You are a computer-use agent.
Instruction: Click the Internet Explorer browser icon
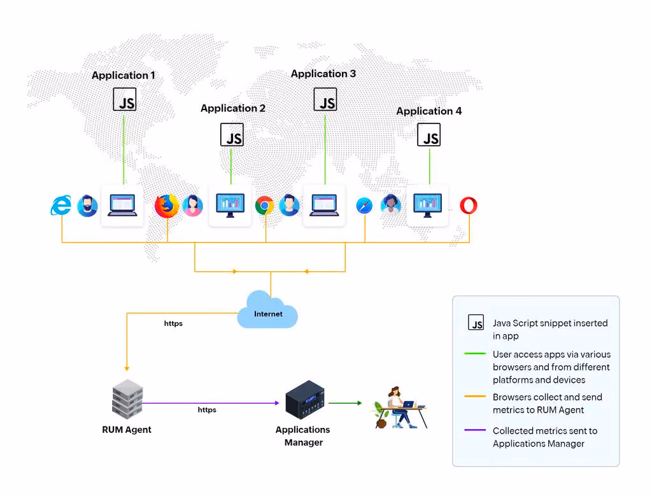pyautogui.click(x=61, y=205)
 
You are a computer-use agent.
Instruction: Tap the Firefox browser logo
pyautogui.click(x=167, y=206)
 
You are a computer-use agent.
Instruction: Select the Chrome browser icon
pyautogui.click(x=264, y=206)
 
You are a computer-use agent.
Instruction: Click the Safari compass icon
pyautogui.click(x=364, y=206)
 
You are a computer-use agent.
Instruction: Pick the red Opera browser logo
pyautogui.click(x=469, y=206)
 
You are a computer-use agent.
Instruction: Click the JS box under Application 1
pyautogui.click(x=125, y=99)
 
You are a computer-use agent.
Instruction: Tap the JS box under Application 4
pyautogui.click(x=429, y=135)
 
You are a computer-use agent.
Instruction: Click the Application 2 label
pyautogui.click(x=233, y=108)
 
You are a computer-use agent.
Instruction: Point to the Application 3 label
pyautogui.click(x=323, y=74)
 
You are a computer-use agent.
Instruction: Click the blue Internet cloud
pyautogui.click(x=267, y=310)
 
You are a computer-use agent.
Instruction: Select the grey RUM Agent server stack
pyautogui.click(x=127, y=399)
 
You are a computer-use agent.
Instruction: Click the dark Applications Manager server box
pyautogui.click(x=305, y=400)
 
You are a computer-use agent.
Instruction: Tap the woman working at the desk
pyautogui.click(x=400, y=407)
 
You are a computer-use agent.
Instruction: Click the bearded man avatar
pyautogui.click(x=87, y=206)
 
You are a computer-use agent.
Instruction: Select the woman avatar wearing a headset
pyautogui.click(x=390, y=206)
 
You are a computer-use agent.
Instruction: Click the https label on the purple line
pyautogui.click(x=207, y=410)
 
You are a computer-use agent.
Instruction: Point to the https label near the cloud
pyautogui.click(x=173, y=323)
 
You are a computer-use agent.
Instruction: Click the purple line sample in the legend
pyautogui.click(x=475, y=430)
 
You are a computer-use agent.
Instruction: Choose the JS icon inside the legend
pyautogui.click(x=476, y=322)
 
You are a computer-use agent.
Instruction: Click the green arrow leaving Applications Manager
pyautogui.click(x=345, y=403)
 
